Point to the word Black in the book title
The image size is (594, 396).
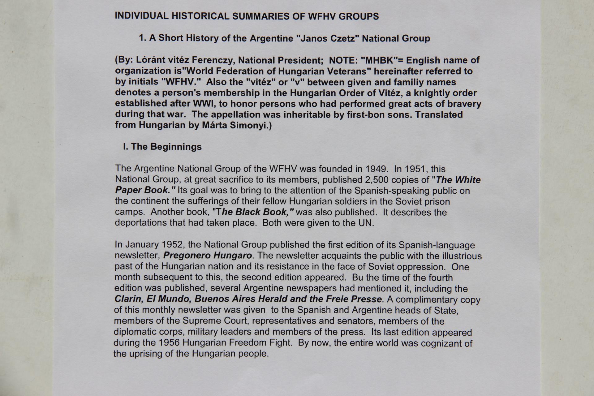click(x=248, y=212)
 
